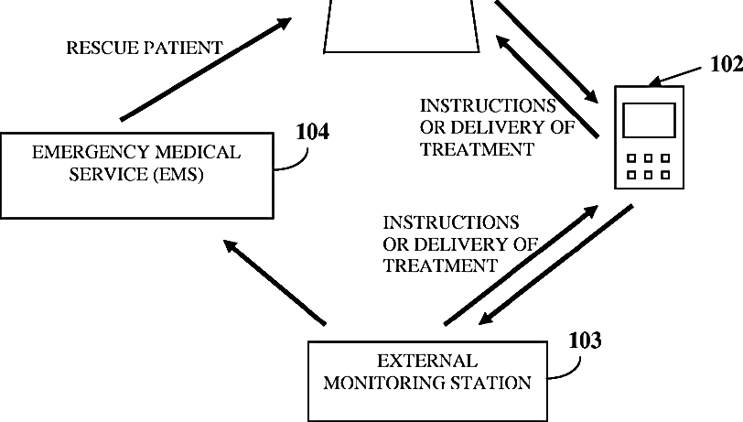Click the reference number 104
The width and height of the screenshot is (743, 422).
point(312,132)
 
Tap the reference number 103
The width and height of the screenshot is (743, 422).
point(586,341)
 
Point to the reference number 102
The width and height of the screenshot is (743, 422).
point(727,64)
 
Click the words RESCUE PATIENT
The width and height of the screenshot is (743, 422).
point(144,48)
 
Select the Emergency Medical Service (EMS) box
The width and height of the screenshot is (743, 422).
point(137,176)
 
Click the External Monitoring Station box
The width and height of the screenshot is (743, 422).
point(428,381)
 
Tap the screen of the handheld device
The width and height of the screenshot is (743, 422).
point(649,121)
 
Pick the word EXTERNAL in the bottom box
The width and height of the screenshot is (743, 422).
point(427,362)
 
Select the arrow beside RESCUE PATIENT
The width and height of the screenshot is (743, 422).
point(206,70)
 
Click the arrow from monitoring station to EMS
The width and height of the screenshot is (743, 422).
point(275,283)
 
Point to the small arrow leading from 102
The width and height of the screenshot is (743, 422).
point(674,77)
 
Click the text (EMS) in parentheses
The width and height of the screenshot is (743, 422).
point(178,175)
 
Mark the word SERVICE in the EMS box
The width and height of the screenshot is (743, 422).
point(108,175)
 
